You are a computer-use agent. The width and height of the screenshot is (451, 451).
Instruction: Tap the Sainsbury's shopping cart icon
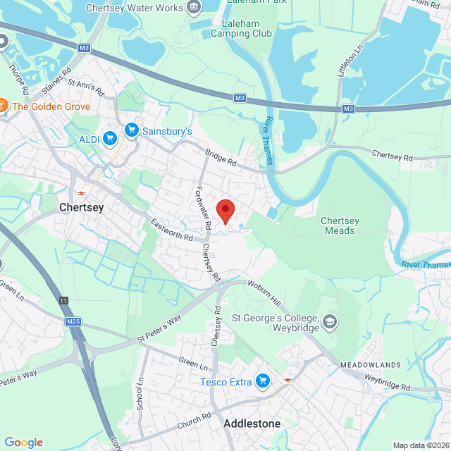click(131, 130)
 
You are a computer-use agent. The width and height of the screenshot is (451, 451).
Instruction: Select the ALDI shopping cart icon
click(109, 139)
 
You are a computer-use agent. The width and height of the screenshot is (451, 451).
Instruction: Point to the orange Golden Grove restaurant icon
click(3, 106)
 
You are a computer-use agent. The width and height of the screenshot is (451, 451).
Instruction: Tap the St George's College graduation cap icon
click(329, 323)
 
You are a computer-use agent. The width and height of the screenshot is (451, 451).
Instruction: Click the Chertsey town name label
click(82, 207)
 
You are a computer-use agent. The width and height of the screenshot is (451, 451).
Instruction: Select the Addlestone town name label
click(252, 424)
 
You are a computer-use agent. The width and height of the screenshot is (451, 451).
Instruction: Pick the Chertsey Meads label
click(340, 225)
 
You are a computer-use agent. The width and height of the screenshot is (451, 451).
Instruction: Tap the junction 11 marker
click(65, 301)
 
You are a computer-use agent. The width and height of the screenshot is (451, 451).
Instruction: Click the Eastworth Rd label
click(172, 231)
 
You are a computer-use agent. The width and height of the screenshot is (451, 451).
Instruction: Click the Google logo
click(23, 443)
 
